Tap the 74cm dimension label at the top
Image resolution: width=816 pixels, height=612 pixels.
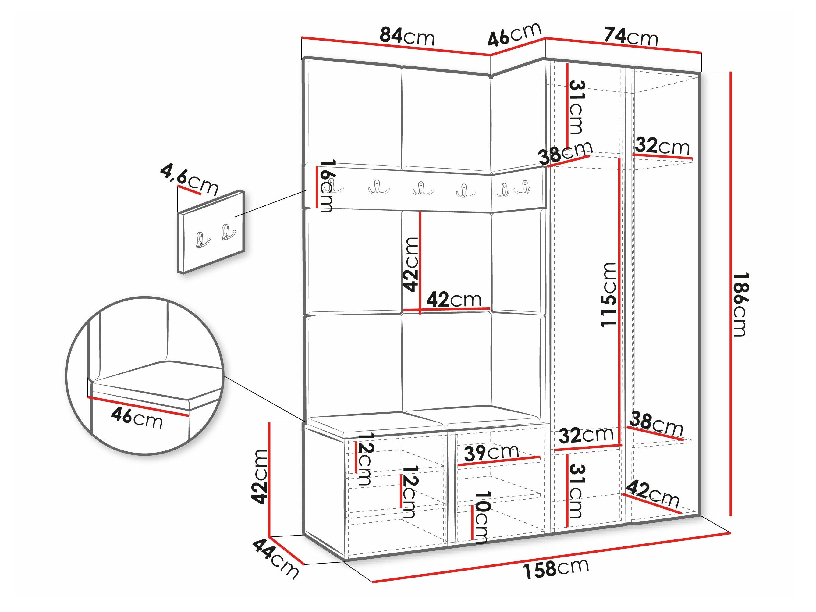tap(631, 37)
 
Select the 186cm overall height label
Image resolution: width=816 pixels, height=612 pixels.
tap(740, 305)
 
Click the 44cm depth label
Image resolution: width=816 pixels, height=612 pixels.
tap(275, 559)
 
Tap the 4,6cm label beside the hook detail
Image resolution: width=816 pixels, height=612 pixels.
tap(189, 180)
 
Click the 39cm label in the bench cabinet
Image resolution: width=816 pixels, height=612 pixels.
tap(491, 453)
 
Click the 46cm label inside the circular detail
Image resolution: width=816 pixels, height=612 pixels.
tap(137, 418)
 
